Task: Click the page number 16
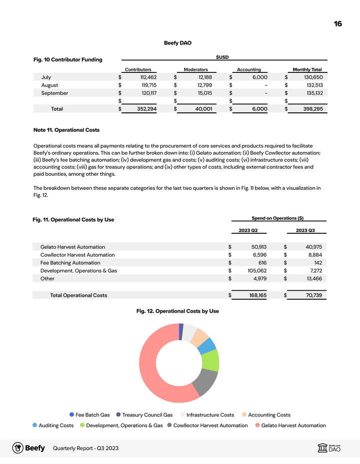point(338,23)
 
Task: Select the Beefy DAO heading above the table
point(177,43)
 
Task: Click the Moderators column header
point(196,69)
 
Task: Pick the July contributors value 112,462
point(145,77)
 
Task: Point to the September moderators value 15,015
point(202,93)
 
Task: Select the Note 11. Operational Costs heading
point(66,130)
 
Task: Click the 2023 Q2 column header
point(248,231)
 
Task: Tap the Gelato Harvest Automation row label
point(72,247)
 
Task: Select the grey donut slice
point(205,382)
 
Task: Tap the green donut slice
point(211,360)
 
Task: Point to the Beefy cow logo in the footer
point(17,448)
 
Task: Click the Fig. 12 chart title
point(177,311)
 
